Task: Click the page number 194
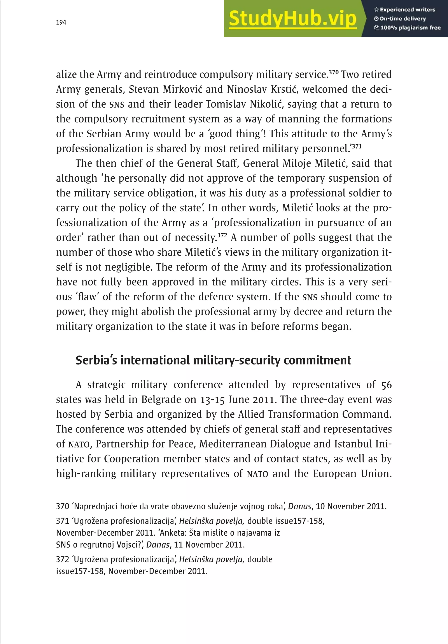point(61,23)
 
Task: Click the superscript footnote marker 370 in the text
point(334,72)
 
